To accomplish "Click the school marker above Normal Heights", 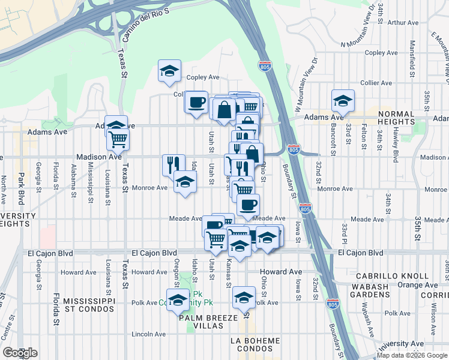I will (343, 101).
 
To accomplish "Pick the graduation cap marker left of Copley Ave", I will (170, 71).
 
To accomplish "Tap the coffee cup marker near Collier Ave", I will (196, 102).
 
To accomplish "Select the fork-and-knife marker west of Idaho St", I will (173, 164).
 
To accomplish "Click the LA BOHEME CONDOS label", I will (255, 345).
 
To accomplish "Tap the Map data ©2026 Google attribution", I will (412, 355).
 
